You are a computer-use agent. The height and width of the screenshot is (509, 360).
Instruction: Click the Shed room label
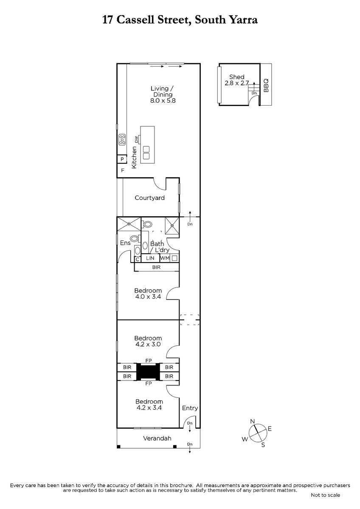[236, 80]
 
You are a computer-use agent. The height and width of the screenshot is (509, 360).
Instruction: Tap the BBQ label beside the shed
[266, 85]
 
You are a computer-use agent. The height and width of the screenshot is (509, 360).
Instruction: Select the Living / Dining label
[163, 95]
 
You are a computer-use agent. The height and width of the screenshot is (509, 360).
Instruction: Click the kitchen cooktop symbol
[122, 140]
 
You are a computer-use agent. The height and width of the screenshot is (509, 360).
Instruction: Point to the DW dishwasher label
[136, 139]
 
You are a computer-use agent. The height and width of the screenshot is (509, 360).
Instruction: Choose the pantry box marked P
[122, 159]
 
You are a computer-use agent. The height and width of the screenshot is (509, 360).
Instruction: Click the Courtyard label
[149, 198]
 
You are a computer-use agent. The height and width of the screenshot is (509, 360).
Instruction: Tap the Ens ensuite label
[125, 243]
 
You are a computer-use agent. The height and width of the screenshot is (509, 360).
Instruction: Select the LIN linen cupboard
[150, 258]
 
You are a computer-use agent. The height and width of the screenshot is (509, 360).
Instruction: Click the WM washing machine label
[165, 258]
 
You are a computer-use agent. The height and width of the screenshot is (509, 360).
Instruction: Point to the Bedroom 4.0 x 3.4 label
[148, 294]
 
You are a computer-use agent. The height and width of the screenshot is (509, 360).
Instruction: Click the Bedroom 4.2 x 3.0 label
[148, 341]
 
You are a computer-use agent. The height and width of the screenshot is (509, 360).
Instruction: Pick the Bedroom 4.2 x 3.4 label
[149, 405]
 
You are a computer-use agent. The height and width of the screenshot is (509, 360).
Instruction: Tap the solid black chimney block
[148, 372]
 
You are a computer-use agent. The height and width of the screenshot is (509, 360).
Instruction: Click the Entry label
[190, 408]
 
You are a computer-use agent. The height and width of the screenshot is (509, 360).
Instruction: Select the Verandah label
[157, 438]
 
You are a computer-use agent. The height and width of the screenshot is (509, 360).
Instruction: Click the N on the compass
[253, 422]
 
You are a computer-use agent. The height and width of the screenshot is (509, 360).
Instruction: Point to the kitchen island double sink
[146, 153]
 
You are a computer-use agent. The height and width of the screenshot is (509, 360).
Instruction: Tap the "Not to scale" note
[326, 495]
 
